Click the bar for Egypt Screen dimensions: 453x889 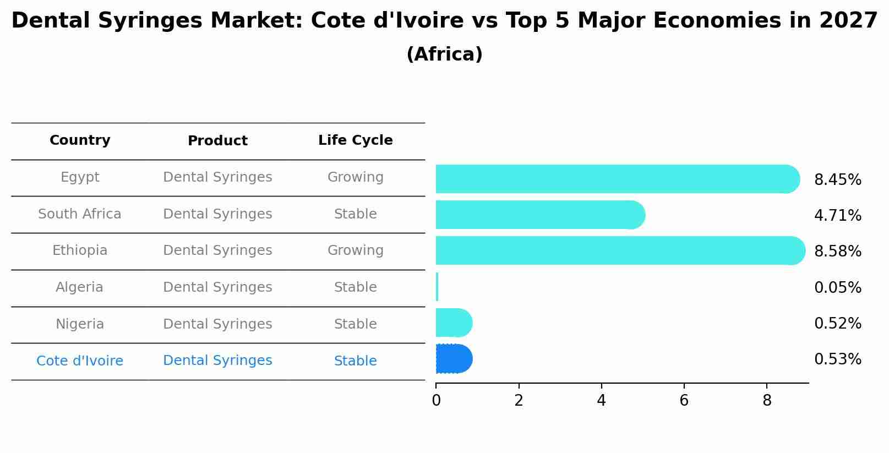(617, 179)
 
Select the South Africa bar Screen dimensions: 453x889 (539, 215)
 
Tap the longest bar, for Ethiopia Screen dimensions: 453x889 (619, 250)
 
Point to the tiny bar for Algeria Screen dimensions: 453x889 (437, 287)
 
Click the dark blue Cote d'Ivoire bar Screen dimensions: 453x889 (454, 359)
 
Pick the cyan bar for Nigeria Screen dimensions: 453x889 (454, 323)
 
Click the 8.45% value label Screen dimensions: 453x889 (837, 180)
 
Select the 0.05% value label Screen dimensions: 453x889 (837, 288)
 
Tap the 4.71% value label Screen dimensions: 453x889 (837, 216)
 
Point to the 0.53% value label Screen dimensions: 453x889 (837, 359)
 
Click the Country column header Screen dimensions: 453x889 (80, 140)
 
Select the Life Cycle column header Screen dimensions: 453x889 (355, 140)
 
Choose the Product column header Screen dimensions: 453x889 (217, 141)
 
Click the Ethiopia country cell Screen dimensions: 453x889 (80, 250)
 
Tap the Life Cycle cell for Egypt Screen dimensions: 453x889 (355, 177)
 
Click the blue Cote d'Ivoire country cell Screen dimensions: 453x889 (80, 361)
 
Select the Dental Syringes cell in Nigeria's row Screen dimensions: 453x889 (217, 324)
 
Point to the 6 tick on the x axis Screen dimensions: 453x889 (684, 401)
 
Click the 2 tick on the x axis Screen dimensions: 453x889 (519, 401)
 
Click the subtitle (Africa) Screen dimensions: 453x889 (444, 54)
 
